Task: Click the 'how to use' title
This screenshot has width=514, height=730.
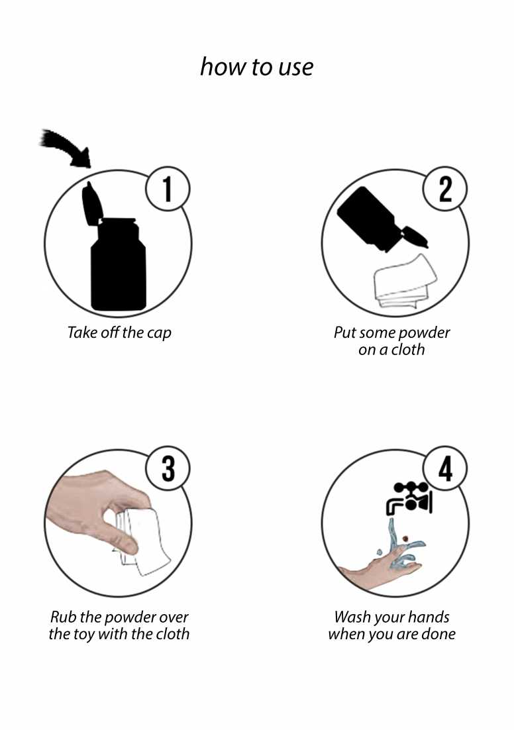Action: (256, 67)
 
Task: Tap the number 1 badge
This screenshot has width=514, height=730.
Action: (167, 189)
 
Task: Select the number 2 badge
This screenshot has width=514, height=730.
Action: (444, 189)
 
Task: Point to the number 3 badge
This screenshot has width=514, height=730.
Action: (167, 468)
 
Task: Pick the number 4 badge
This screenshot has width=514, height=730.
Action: (445, 468)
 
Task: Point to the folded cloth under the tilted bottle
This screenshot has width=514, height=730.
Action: (404, 282)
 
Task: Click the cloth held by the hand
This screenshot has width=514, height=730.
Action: (142, 543)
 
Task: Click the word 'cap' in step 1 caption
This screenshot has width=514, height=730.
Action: (159, 333)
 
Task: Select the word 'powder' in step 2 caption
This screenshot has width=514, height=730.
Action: (425, 333)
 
